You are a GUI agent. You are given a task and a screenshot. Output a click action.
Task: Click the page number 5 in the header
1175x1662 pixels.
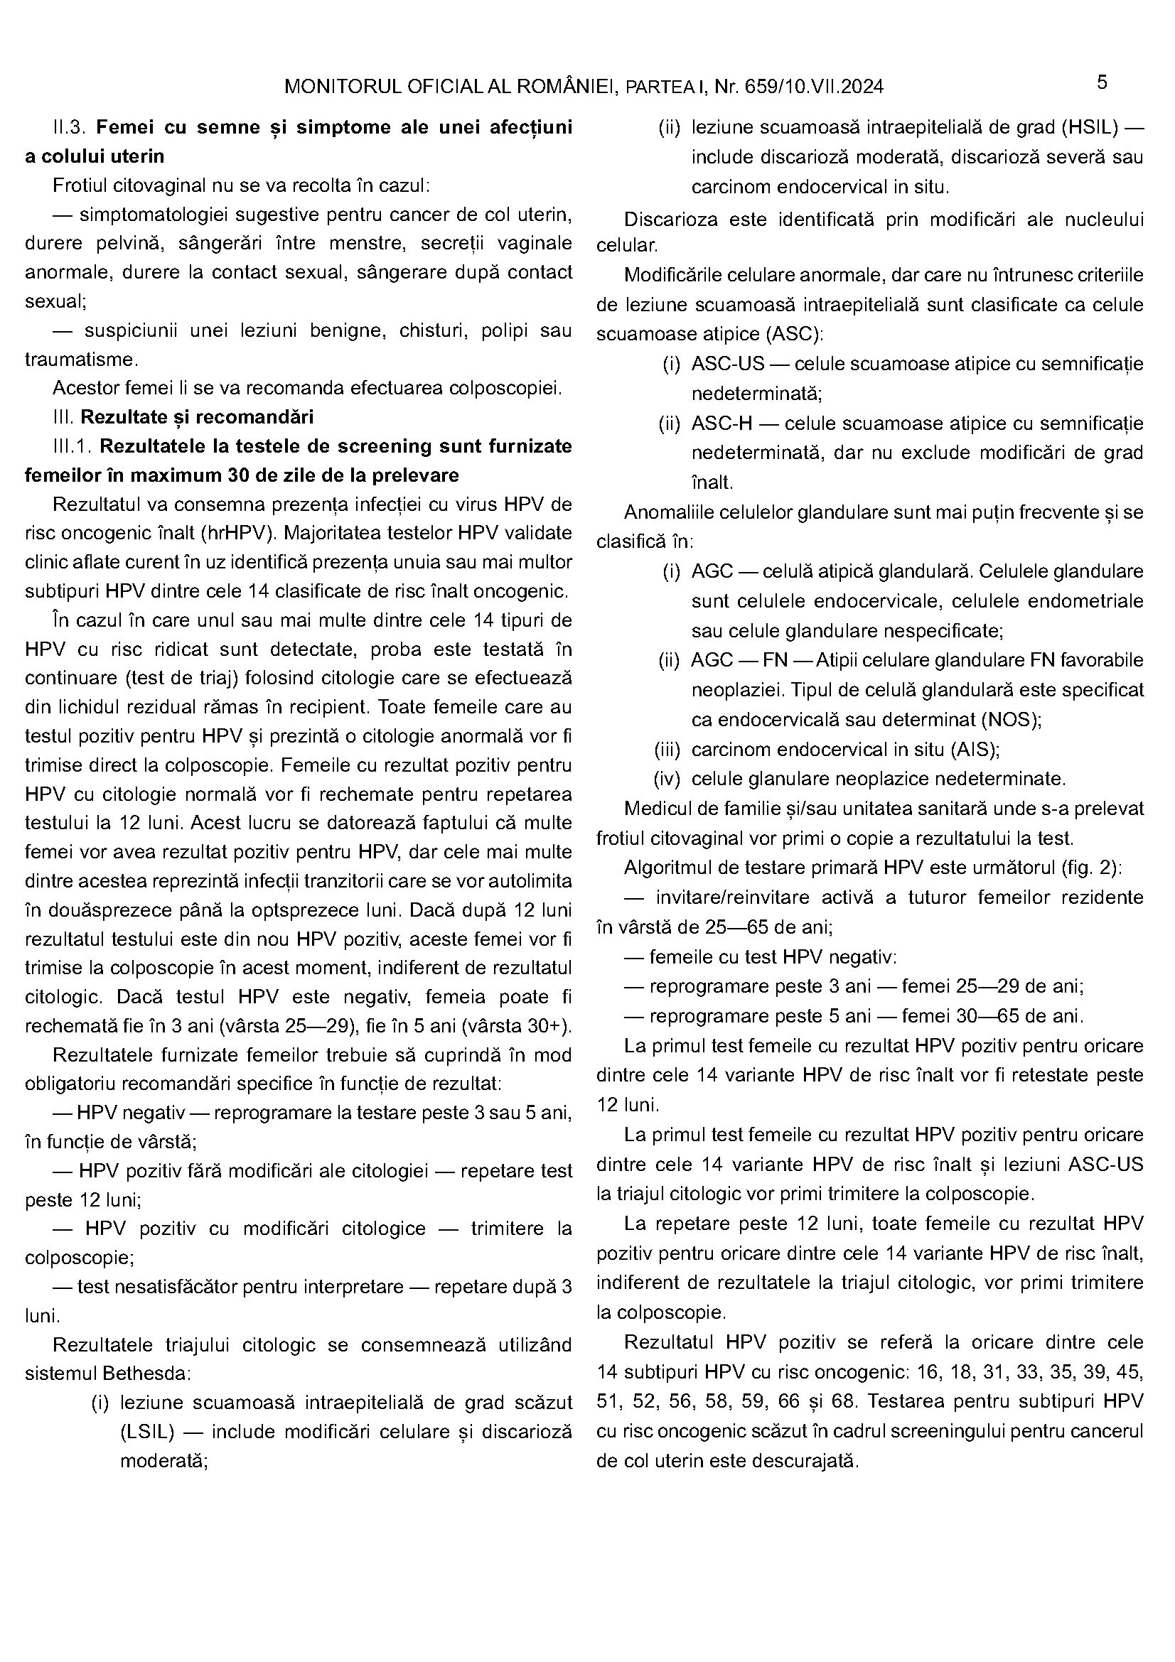pos(1101,82)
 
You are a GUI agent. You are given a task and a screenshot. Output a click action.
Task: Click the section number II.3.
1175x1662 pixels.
pos(70,127)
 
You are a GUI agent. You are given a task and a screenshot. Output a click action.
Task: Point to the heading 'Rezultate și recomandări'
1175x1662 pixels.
pos(197,418)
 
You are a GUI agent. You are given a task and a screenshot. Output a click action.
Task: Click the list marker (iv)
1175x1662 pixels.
pos(667,779)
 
